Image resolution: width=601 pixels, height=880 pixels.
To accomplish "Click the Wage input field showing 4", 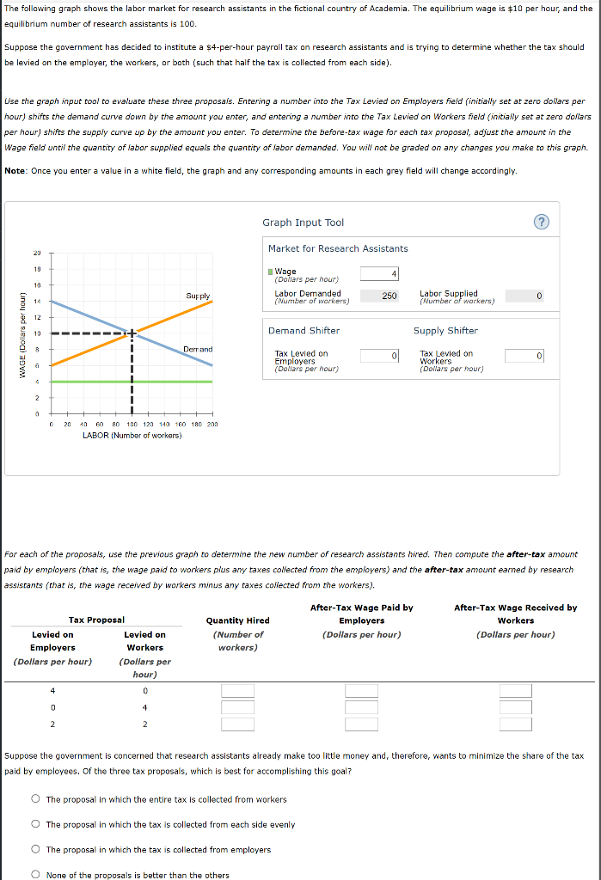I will [379, 273].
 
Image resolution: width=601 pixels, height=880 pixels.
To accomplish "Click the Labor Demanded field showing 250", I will [379, 296].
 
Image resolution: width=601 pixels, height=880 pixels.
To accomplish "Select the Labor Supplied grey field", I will [524, 296].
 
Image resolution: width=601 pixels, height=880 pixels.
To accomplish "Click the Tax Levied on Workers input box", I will [524, 356].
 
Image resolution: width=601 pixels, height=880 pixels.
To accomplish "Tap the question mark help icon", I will [541, 223].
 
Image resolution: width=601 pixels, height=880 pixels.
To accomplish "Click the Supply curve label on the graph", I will [197, 296].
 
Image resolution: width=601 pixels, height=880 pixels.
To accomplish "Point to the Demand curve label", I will [197, 349].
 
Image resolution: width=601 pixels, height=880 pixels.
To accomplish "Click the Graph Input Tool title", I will [303, 223].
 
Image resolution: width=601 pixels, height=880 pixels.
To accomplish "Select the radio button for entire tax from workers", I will [36, 799].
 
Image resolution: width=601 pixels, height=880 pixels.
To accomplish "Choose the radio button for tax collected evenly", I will [36, 824].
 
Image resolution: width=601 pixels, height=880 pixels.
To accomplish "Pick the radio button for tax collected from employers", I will [36, 850].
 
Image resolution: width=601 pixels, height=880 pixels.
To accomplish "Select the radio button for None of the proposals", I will [36, 875].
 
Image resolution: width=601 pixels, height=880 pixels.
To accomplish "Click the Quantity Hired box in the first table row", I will [238, 690].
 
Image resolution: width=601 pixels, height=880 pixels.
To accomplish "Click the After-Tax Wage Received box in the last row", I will [516, 724].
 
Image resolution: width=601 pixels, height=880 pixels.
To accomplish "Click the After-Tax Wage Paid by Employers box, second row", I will [362, 707].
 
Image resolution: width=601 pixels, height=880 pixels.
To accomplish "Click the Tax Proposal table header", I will [96, 620].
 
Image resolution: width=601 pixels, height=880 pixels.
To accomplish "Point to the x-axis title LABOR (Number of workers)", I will [132, 436].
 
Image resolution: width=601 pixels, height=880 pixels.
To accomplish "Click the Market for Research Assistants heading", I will [338, 248].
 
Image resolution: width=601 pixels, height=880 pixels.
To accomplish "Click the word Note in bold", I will [15, 171].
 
